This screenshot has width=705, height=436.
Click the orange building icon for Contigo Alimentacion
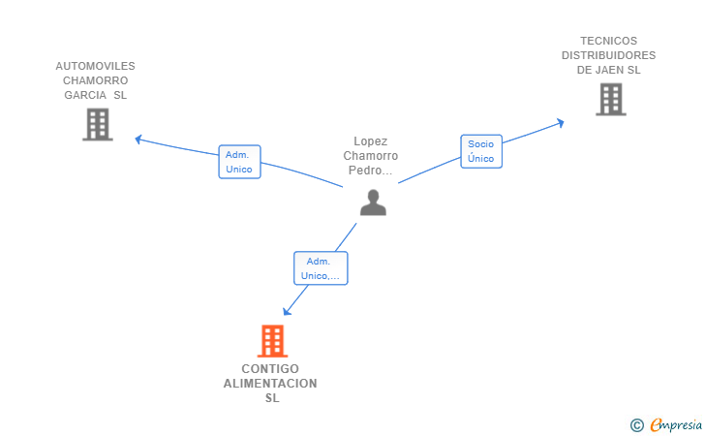click(x=272, y=341)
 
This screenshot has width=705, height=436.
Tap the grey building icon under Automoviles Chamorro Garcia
click(x=98, y=125)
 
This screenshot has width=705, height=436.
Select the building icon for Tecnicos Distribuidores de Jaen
click(x=611, y=100)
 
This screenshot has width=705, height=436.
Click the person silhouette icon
click(x=373, y=202)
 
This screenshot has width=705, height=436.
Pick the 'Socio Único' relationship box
click(x=481, y=151)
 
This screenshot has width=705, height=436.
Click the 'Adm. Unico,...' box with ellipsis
click(x=321, y=268)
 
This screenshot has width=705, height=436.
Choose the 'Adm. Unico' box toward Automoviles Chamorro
click(x=239, y=162)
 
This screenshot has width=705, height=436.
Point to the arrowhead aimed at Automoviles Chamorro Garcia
click(x=138, y=140)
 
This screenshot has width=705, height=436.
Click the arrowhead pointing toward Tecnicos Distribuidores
click(x=560, y=123)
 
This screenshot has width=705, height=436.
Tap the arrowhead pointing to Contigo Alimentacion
click(x=287, y=311)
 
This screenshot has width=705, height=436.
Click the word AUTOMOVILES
click(x=95, y=66)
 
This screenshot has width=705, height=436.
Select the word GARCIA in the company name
click(x=85, y=95)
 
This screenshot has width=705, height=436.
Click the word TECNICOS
click(x=609, y=41)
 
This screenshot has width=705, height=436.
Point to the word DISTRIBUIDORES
click(x=609, y=55)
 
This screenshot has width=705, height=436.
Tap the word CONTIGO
click(x=270, y=369)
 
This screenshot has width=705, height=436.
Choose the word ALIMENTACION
click(x=270, y=384)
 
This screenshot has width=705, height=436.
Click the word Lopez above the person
click(x=371, y=141)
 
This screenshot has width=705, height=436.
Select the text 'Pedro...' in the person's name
click(x=371, y=171)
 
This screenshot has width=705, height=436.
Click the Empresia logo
click(x=676, y=424)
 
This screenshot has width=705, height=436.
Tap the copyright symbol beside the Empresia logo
click(x=637, y=425)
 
